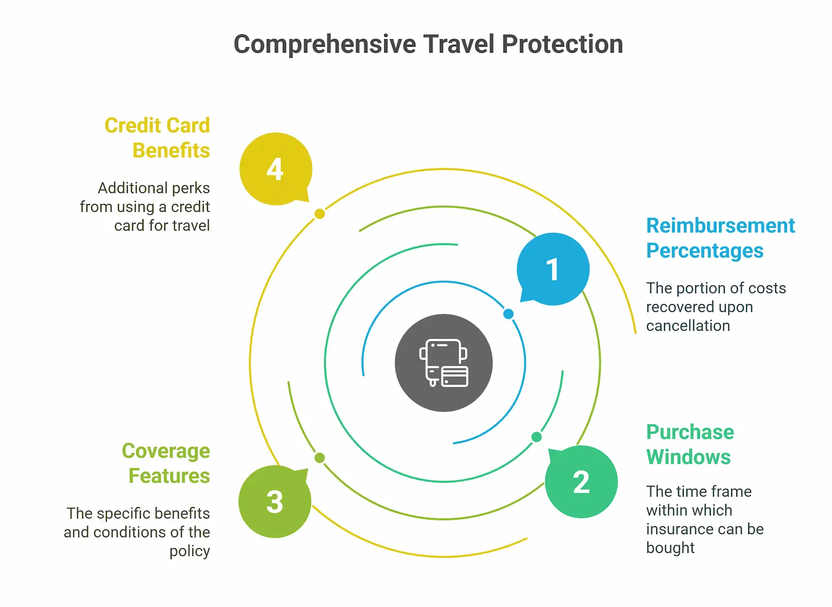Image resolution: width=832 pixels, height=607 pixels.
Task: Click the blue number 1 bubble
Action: tap(553, 269)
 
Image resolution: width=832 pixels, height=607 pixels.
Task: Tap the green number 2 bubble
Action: tap(581, 482)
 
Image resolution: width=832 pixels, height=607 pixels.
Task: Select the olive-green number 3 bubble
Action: tap(275, 501)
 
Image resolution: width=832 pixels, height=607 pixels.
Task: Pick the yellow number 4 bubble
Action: tap(276, 169)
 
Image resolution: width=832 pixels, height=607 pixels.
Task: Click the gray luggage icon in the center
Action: tap(444, 363)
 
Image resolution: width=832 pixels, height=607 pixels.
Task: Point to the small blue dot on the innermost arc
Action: tap(509, 314)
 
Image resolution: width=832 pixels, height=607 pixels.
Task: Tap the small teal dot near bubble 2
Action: tap(536, 437)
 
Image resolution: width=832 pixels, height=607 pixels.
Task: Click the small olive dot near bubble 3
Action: tap(320, 458)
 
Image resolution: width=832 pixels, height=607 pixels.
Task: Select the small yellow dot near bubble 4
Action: tap(320, 214)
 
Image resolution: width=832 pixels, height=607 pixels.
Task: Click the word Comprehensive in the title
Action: tap(325, 44)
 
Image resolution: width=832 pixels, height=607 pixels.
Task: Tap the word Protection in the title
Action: tap(562, 44)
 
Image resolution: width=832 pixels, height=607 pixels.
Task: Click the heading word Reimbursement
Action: tap(720, 226)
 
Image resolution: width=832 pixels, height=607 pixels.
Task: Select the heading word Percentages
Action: tap(705, 251)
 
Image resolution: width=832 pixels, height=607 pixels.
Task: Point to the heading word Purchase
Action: tap(690, 432)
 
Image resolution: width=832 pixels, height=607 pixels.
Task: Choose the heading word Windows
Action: tap(688, 457)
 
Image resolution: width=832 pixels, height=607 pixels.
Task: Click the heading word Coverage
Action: tap(166, 451)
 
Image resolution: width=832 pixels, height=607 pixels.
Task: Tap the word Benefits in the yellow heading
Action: tap(171, 150)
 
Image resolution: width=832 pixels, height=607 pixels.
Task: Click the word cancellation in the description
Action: tap(688, 326)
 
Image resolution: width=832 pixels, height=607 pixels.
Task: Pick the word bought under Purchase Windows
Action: tap(670, 548)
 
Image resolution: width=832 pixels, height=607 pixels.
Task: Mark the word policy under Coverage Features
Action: tap(190, 551)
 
